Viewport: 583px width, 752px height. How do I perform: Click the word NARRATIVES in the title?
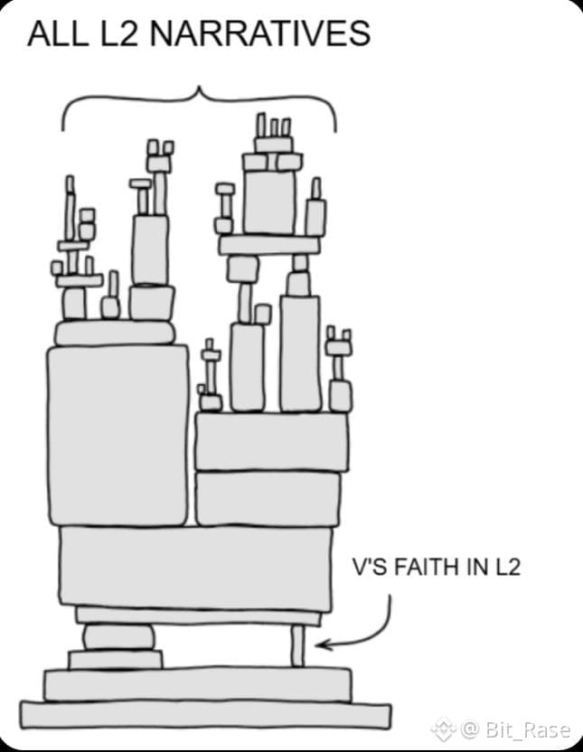259,33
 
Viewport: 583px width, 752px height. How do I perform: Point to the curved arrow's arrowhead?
322,644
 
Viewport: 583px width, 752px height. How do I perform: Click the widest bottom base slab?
206,714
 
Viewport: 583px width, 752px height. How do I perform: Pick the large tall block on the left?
118,435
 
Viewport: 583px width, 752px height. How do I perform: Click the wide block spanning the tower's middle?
195,568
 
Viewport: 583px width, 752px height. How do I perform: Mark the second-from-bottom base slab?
197,684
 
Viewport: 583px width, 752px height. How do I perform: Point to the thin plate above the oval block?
198,616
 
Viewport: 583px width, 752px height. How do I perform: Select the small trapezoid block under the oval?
116,660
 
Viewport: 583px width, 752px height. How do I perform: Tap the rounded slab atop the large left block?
115,334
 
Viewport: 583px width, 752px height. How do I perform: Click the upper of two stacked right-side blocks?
271,441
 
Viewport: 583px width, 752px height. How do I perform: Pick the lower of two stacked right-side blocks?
268,498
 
